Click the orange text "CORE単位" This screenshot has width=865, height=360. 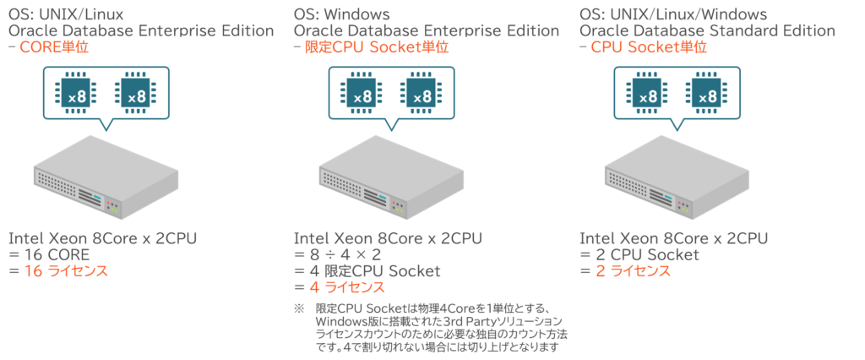54,48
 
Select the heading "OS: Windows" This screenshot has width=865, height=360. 341,14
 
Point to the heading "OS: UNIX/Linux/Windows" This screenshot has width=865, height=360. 673,14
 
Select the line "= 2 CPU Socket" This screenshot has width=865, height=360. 639,255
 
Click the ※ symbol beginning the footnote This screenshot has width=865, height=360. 298,309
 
